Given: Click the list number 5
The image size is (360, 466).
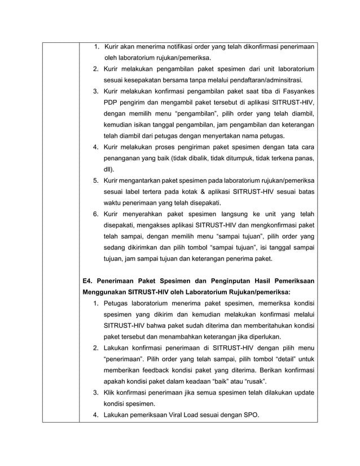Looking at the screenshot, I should (96, 180).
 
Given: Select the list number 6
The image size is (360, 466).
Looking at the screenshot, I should (96, 214).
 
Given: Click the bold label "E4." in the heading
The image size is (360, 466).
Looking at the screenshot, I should (88, 280).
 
